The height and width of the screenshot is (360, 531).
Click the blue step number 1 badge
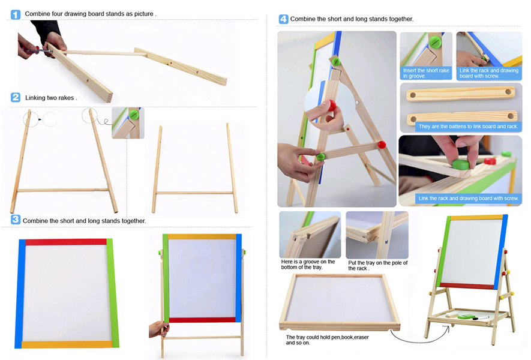(16, 14)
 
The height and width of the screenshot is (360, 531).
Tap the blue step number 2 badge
(16, 98)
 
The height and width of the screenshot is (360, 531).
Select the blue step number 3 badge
(15, 220)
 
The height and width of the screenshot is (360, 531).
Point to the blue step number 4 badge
(283, 19)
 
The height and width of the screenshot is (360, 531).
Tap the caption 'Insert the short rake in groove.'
(426, 73)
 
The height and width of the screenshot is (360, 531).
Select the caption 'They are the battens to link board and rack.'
(469, 127)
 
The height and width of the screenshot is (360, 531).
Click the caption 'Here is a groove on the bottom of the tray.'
(308, 265)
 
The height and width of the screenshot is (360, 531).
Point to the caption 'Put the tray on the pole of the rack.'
(377, 266)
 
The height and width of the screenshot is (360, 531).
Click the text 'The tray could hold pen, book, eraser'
(327, 337)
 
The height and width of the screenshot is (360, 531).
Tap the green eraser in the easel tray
(466, 317)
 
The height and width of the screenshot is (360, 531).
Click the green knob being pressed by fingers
(461, 164)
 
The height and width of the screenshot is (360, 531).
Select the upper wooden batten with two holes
(461, 94)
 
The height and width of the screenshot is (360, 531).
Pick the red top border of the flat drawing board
(66, 242)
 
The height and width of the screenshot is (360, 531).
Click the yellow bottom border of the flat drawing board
(67, 344)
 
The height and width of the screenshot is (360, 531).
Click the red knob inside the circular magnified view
(332, 106)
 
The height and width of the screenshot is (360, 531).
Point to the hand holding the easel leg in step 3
(158, 329)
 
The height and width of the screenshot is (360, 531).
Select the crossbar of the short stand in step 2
(194, 193)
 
